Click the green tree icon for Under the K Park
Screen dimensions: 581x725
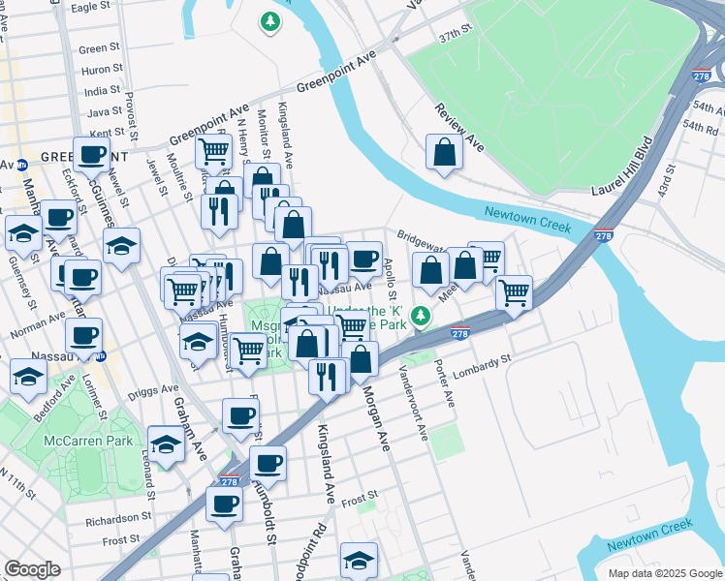420,316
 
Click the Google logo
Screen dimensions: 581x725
33,569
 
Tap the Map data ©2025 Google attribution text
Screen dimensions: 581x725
664,573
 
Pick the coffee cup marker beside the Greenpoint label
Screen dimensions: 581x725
92,154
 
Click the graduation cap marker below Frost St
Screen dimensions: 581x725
359,559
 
